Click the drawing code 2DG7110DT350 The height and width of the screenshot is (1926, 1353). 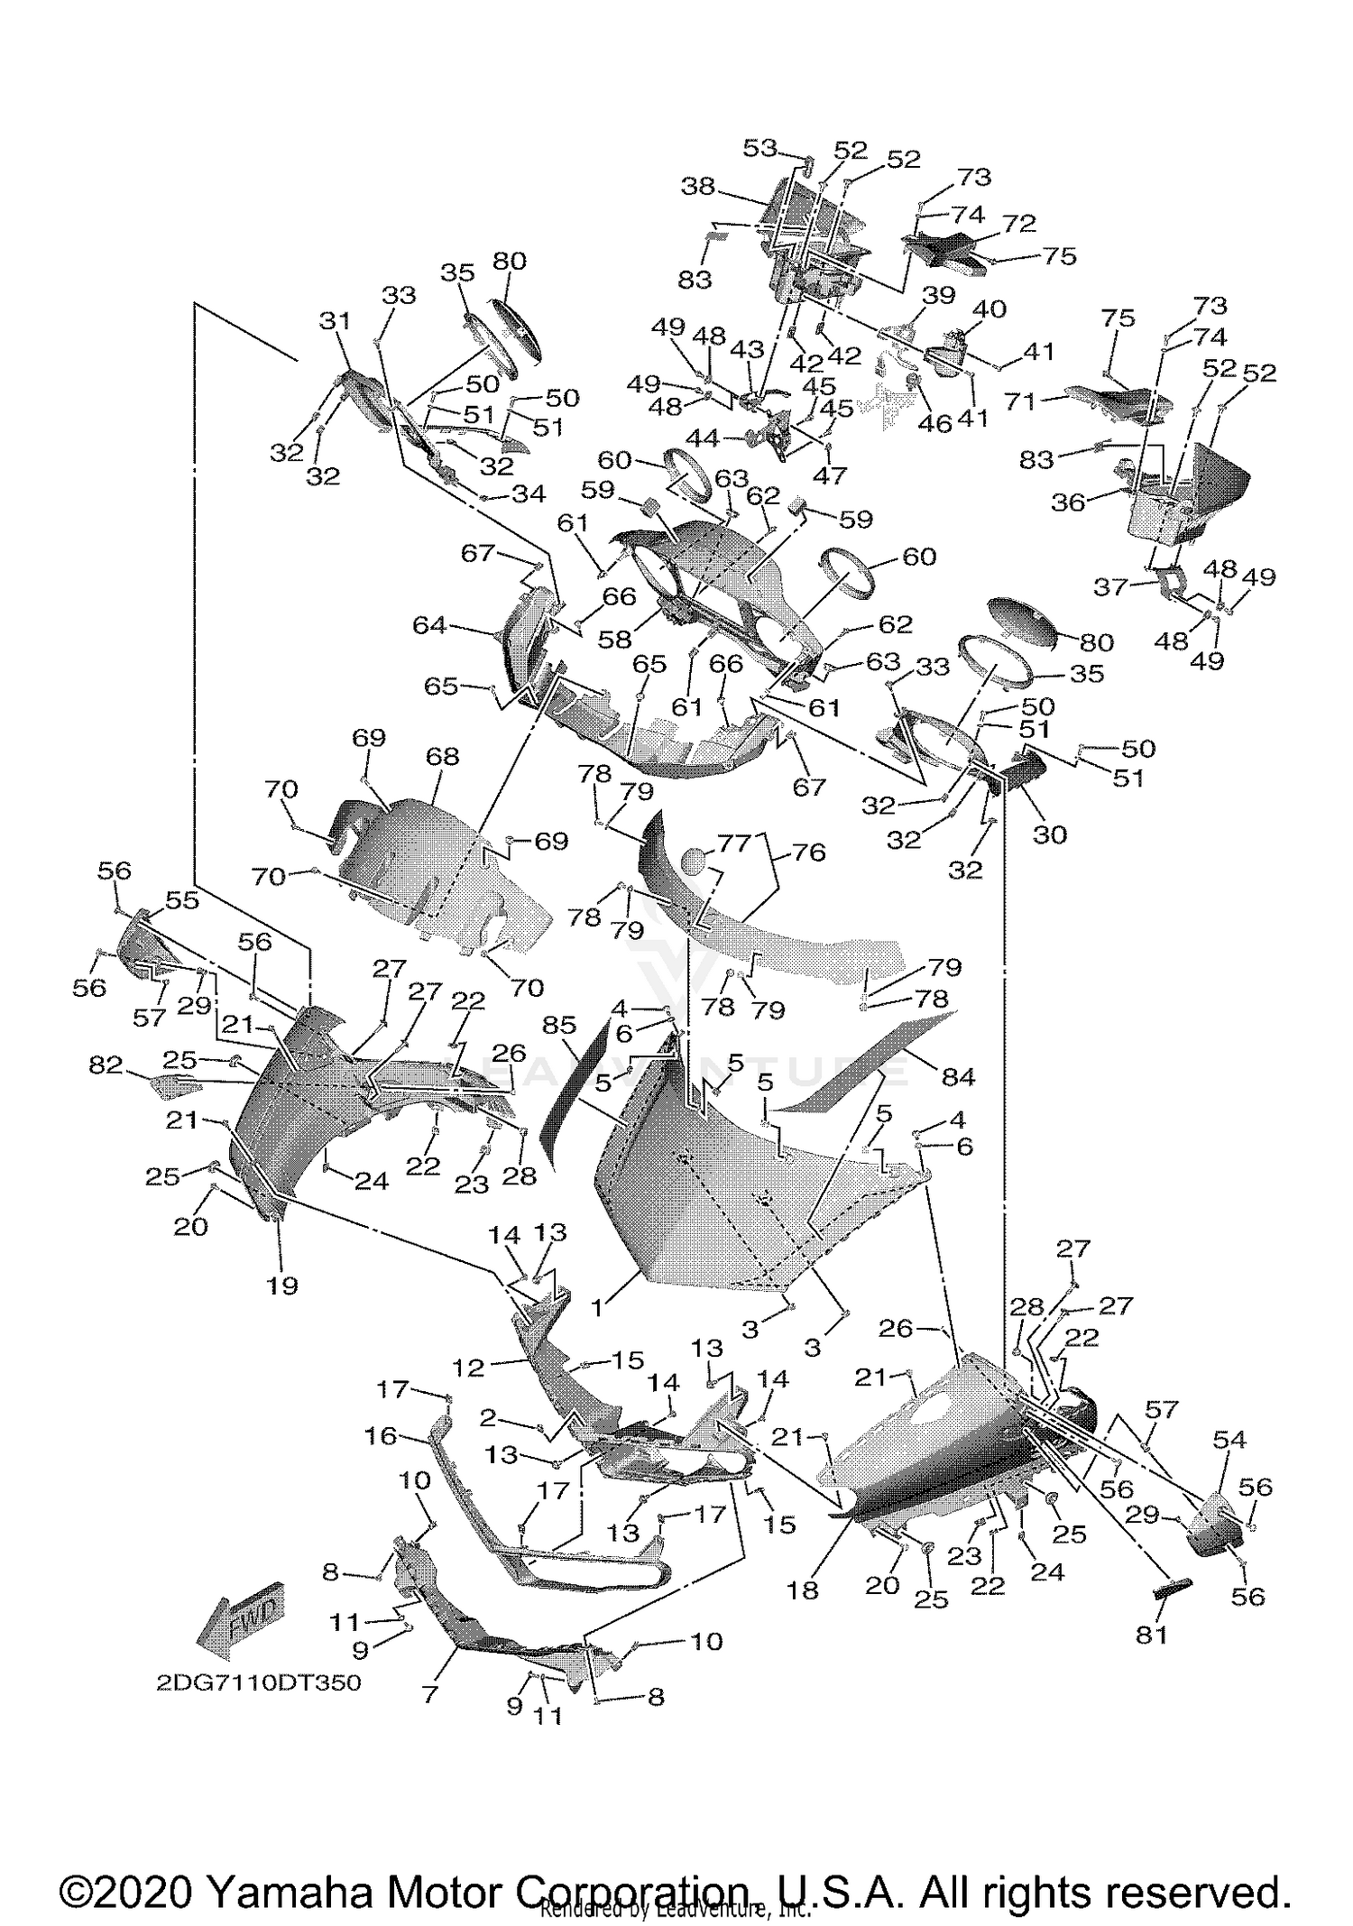click(258, 1682)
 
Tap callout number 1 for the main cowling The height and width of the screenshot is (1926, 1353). click(598, 1308)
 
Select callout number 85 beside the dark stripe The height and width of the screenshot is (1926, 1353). click(559, 1025)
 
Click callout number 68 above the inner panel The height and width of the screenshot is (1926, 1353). click(443, 756)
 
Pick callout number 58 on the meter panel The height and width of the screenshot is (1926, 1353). click(616, 639)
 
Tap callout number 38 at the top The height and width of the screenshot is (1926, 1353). click(698, 187)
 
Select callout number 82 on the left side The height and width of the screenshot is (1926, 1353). click(106, 1065)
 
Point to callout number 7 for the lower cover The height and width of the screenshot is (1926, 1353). click(430, 1693)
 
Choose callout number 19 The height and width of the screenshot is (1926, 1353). click(282, 1285)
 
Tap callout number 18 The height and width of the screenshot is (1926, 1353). click(802, 1590)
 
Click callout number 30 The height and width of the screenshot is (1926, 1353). click(1050, 834)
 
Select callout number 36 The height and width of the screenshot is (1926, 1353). click(1069, 502)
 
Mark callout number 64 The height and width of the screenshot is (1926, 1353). click(429, 624)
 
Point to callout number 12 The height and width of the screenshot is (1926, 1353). click(469, 1368)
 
